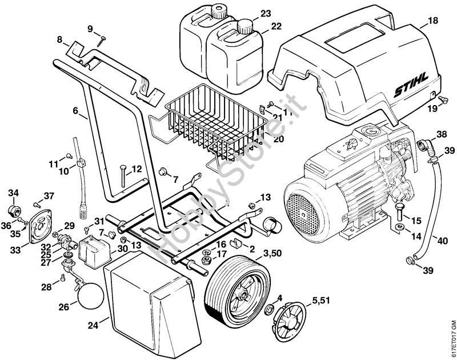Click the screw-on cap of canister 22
point(246,25)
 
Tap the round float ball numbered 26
point(90,294)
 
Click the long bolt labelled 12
point(123,174)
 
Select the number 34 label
point(13,193)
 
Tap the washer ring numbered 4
point(267,309)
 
